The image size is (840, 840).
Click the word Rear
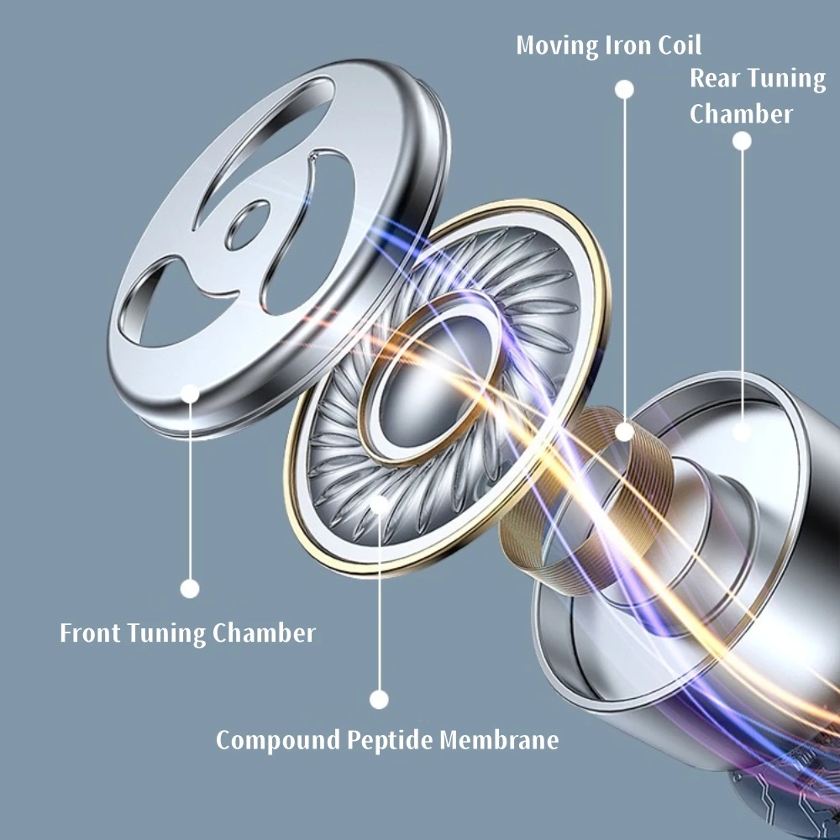click(715, 78)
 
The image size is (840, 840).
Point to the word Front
click(90, 633)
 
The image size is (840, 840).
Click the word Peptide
click(391, 740)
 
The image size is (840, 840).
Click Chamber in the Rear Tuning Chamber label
click(741, 113)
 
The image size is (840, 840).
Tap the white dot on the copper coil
click(624, 432)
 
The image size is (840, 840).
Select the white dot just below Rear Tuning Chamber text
click(742, 141)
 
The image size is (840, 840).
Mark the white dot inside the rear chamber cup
click(742, 432)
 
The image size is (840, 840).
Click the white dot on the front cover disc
click(190, 393)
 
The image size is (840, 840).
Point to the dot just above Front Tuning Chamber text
click(190, 589)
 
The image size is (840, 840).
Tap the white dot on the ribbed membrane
click(380, 504)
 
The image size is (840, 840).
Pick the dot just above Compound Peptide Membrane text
click(380, 699)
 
